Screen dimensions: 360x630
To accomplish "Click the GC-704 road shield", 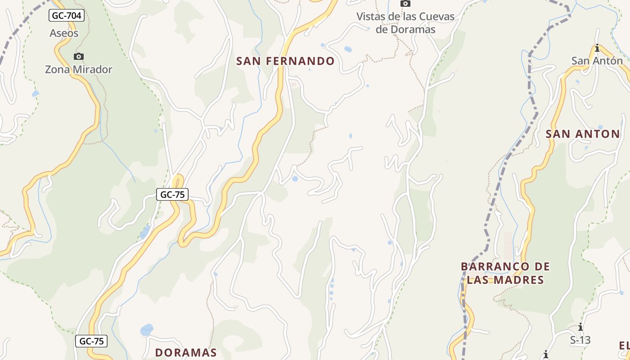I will (67, 16).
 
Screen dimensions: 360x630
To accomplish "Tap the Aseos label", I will (64, 33).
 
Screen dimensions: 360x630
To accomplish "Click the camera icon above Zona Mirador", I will (79, 56).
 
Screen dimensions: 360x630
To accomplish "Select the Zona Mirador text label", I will (78, 69).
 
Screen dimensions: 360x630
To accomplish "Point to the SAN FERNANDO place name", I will (285, 61).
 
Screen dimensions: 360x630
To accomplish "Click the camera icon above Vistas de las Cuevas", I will (405, 4).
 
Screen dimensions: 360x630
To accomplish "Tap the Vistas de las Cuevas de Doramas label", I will (405, 23).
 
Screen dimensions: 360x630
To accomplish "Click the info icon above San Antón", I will (597, 48).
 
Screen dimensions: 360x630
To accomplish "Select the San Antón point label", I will (597, 60).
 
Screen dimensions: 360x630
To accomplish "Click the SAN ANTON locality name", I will (583, 134).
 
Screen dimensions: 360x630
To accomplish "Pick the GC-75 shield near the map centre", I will (172, 194).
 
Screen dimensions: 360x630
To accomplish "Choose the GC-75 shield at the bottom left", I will (91, 341).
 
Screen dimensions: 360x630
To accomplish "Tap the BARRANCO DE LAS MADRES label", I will (505, 273).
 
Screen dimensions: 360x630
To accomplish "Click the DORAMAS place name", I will (186, 352).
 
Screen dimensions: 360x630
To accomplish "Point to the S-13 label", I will (580, 340).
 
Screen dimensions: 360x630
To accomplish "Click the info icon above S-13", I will (580, 327).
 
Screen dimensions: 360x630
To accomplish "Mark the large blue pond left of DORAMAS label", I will (147, 330).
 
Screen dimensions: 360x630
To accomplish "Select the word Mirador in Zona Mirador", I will (93, 69).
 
